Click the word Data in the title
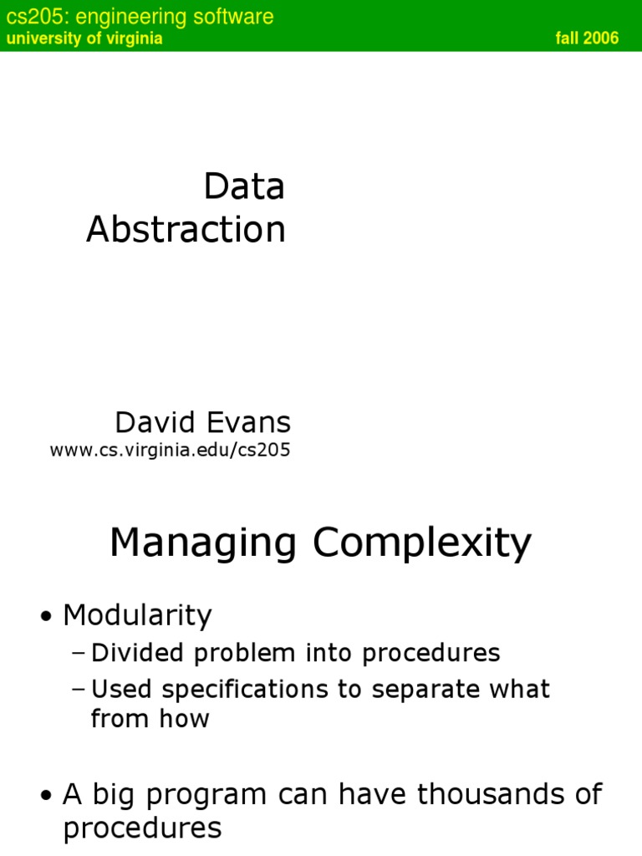(x=244, y=187)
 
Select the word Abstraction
(x=186, y=230)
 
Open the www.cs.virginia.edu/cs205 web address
(x=170, y=451)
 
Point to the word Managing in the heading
(x=203, y=543)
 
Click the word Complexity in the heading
(x=422, y=543)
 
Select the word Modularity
(x=137, y=616)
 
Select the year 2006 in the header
(x=603, y=38)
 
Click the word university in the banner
(x=38, y=38)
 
